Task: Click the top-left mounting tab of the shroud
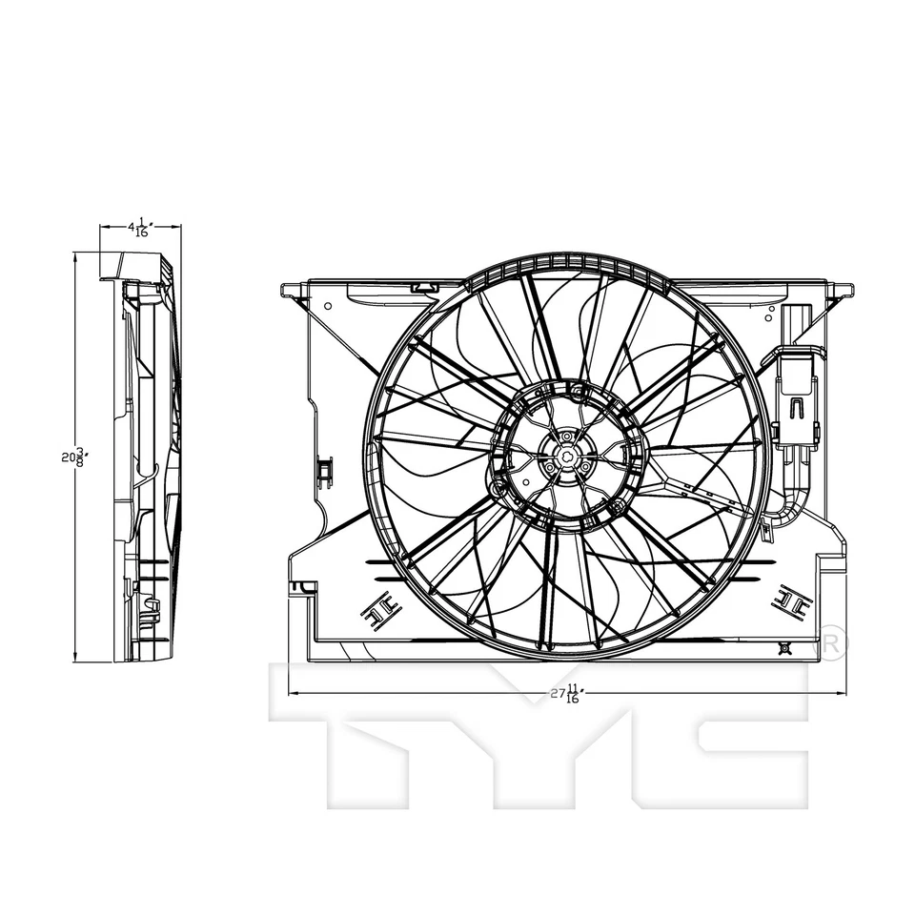click(291, 289)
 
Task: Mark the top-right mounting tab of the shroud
click(843, 289)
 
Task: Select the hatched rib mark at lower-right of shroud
click(791, 600)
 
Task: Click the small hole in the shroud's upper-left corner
click(328, 307)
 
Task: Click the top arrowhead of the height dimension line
click(75, 255)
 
